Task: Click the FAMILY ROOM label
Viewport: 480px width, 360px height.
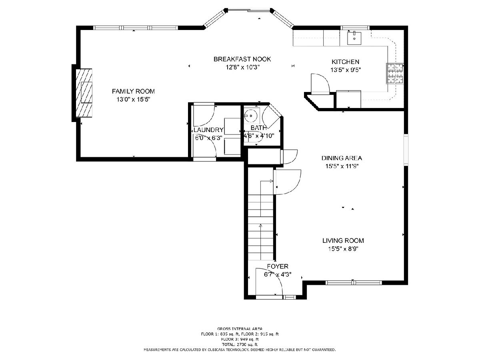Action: coord(133,91)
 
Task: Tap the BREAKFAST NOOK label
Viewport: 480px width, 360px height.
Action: coord(242,59)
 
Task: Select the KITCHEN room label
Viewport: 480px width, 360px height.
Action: coord(345,62)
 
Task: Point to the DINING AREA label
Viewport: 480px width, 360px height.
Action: coord(342,158)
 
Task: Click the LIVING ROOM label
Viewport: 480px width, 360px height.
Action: coord(343,240)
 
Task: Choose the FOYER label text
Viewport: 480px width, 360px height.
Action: coord(278,266)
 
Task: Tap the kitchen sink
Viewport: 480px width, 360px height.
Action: coord(354,38)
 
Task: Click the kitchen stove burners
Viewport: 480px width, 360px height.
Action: coord(395,74)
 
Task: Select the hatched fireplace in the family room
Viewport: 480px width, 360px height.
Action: coord(84,93)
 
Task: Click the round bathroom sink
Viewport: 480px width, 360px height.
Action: coord(250,116)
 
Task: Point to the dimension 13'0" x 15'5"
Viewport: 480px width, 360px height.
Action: coord(133,100)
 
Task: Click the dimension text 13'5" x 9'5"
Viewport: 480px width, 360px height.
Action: coord(346,70)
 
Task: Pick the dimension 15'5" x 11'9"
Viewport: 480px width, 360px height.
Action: coord(342,166)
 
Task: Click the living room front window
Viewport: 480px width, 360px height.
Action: coord(354,283)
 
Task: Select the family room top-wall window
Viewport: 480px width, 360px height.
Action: coord(136,28)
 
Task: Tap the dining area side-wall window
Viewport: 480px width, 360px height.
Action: coord(406,150)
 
